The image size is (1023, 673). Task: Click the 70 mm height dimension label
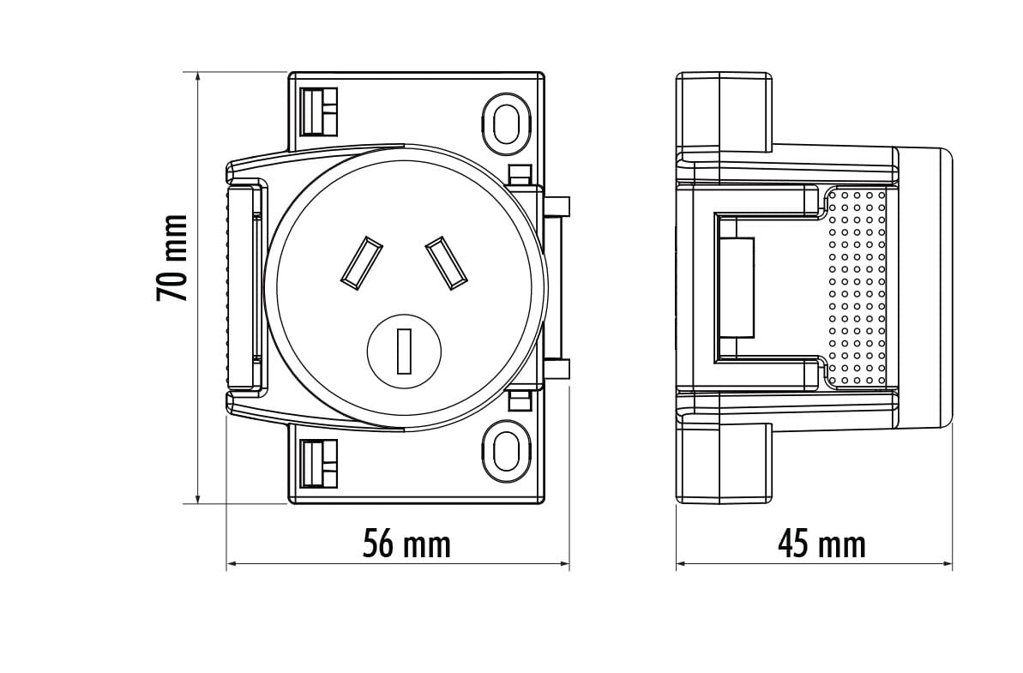click(172, 257)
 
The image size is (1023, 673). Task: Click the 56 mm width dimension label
click(407, 544)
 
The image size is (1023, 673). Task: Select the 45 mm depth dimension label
click(822, 544)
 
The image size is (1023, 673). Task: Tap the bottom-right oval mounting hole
click(506, 448)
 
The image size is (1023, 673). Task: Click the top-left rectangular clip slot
click(320, 111)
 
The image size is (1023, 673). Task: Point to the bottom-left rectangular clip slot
click(320, 463)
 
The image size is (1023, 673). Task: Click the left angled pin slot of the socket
click(362, 262)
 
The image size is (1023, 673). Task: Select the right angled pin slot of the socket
click(447, 262)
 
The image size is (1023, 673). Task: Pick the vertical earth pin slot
click(405, 352)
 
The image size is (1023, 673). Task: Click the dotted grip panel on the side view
click(857, 287)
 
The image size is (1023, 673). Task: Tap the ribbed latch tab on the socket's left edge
click(244, 287)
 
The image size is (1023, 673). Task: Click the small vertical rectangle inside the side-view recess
click(738, 287)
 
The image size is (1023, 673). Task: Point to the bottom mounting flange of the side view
click(725, 463)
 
